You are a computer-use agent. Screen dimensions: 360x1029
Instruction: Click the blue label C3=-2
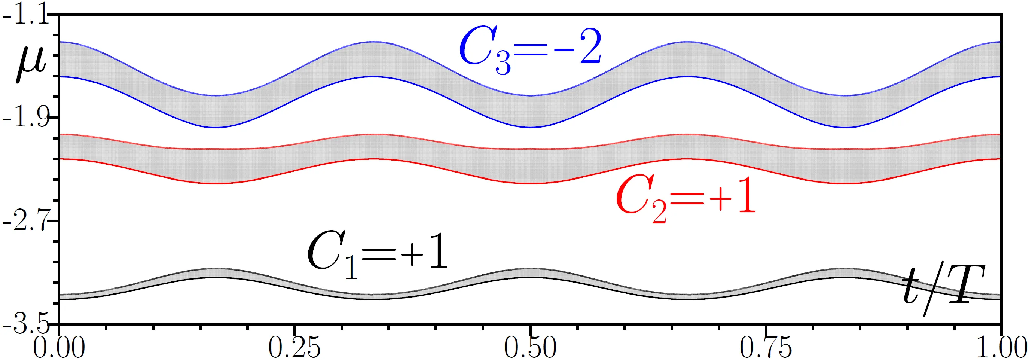[530, 51]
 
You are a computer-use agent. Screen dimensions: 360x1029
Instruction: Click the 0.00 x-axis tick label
[59, 348]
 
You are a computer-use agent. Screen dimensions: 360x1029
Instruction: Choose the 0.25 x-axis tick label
[294, 348]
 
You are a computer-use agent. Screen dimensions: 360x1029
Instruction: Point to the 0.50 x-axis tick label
[530, 348]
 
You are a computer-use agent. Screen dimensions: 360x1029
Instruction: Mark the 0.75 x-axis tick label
[765, 348]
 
